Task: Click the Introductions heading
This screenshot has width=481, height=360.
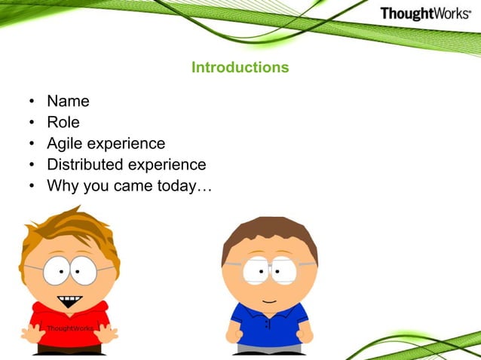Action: tap(240, 67)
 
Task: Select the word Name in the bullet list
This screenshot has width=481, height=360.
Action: tap(68, 101)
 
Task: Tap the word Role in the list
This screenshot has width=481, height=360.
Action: tap(63, 122)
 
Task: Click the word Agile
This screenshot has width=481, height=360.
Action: tap(65, 143)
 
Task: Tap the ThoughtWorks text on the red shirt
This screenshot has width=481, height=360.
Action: tap(69, 329)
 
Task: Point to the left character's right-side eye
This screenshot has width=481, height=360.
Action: tap(83, 269)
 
